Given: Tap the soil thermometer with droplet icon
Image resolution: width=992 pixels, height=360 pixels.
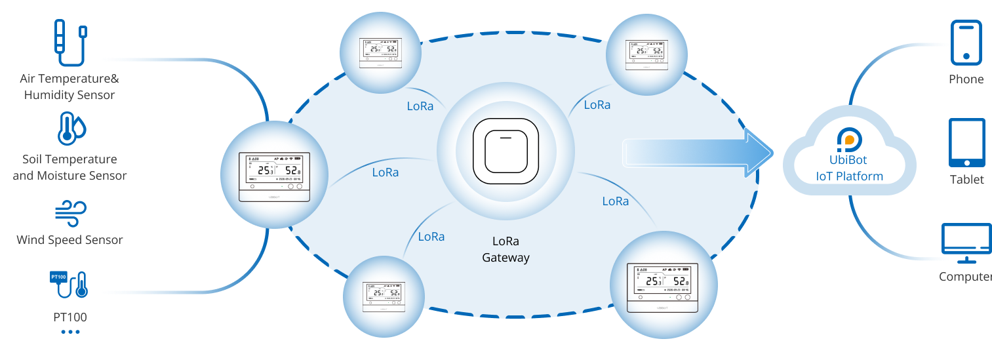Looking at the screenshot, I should [x=71, y=129].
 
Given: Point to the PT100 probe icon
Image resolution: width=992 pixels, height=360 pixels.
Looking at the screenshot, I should [x=69, y=284].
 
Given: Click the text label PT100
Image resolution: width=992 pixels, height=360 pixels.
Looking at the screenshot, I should [x=69, y=317].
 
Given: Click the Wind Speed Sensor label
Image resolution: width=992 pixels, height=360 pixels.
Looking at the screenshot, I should [x=69, y=240].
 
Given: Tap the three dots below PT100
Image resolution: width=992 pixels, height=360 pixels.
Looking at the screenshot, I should [x=69, y=332].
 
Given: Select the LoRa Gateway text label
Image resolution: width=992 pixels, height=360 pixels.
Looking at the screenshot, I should [x=506, y=250].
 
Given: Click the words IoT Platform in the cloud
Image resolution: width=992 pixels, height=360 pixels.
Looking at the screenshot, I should [x=849, y=176].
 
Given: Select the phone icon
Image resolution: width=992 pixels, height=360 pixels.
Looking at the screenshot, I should [x=966, y=43].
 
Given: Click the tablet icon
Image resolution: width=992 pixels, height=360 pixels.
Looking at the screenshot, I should [x=966, y=143].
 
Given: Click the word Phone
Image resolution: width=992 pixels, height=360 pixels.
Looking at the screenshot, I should [x=966, y=79].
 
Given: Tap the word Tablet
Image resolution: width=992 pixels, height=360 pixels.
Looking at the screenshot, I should [x=966, y=180].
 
